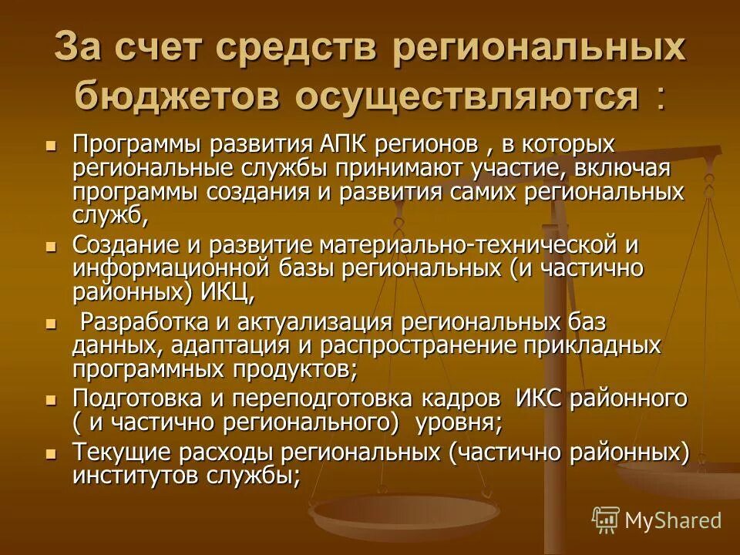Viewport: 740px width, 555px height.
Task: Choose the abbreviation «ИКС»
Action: point(533,399)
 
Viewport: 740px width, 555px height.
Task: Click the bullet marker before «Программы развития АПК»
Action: point(52,145)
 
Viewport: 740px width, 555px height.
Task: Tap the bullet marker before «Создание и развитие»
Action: point(52,246)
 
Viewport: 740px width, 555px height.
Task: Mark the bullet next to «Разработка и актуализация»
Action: point(52,322)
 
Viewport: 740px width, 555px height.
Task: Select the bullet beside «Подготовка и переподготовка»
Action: point(52,399)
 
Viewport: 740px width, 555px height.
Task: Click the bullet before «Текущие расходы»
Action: point(52,452)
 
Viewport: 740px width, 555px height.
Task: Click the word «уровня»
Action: point(458,422)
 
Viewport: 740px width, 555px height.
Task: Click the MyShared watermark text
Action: point(673,520)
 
